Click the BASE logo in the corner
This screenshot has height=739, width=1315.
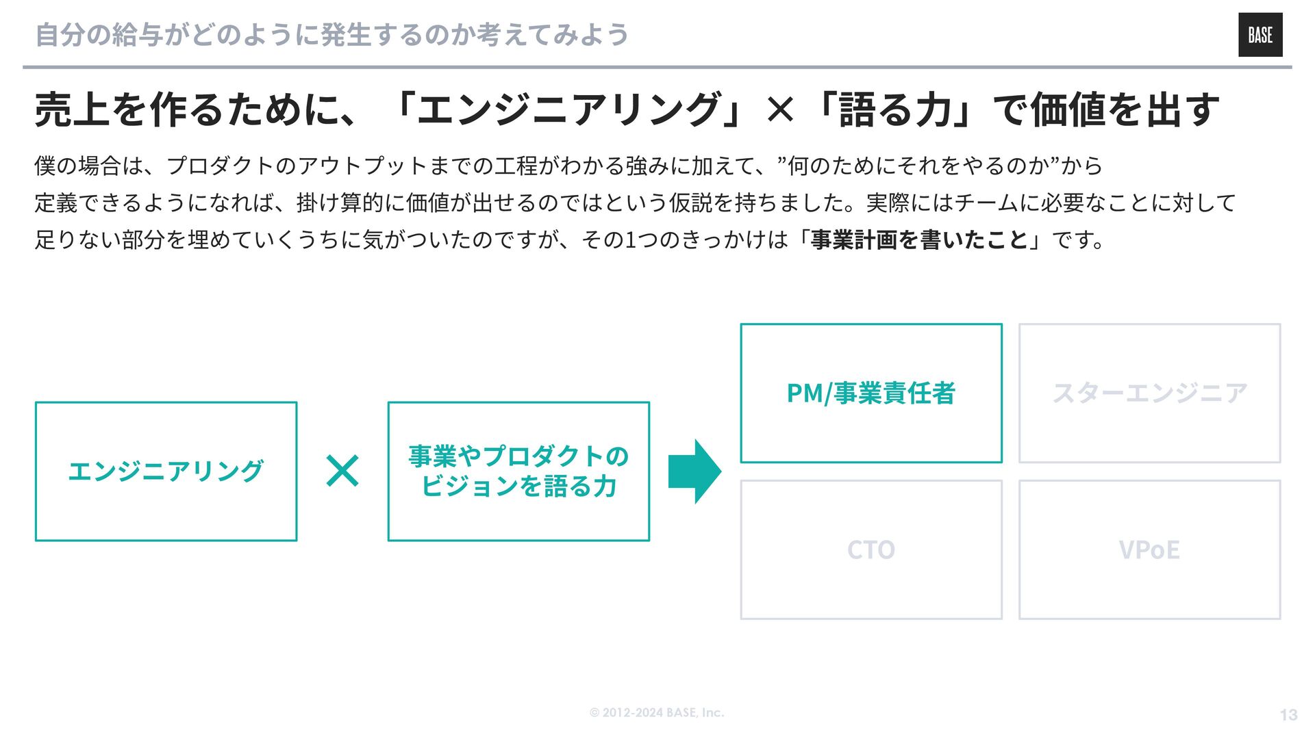coord(1260,35)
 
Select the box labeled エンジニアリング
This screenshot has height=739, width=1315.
coord(166,471)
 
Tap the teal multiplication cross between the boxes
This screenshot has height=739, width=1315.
coord(342,471)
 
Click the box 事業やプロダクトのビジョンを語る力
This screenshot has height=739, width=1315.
coord(518,471)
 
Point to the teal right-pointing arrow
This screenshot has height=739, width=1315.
coord(694,471)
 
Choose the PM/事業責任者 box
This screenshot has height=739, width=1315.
coord(871,393)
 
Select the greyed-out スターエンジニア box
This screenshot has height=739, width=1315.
coord(1149,393)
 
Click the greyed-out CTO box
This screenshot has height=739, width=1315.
coord(871,549)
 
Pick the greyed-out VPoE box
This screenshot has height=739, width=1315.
coord(1149,549)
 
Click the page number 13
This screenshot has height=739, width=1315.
coord(1288,715)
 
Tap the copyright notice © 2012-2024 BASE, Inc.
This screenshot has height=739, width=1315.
coord(657,712)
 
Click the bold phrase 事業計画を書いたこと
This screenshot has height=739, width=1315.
coord(920,239)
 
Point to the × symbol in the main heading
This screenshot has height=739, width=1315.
coord(780,109)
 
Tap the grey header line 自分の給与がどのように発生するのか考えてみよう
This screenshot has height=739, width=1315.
coord(331,35)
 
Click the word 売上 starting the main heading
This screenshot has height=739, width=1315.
coord(73,109)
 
